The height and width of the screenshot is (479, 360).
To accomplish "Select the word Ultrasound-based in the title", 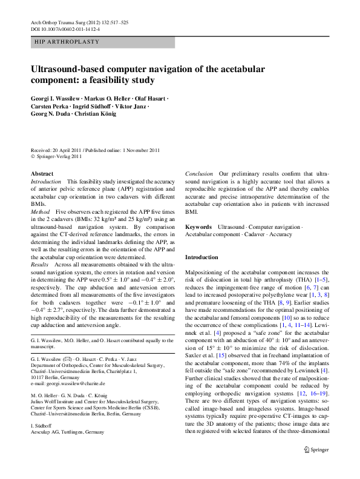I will [74, 68].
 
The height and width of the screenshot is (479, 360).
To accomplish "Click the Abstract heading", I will [42, 173].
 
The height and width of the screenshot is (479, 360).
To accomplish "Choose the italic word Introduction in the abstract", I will [46, 182].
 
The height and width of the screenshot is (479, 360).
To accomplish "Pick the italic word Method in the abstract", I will [40, 213].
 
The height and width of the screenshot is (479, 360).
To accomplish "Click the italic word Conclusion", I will [199, 174].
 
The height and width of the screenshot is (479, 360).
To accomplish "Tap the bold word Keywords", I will [198, 226].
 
